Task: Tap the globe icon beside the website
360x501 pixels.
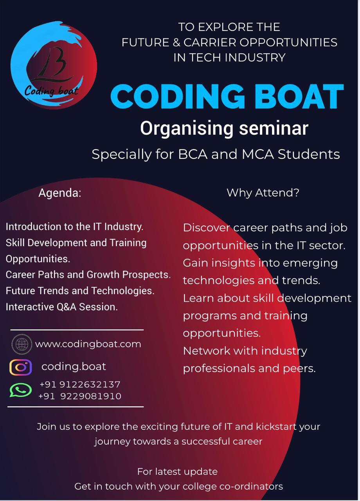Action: (22, 344)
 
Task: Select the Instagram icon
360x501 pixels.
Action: (21, 367)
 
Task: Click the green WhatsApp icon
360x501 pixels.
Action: (21, 390)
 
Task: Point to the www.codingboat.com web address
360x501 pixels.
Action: (88, 344)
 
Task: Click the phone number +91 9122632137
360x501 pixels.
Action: (80, 384)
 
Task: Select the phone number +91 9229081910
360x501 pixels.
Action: (80, 396)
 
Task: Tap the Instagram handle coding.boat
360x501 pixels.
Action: (74, 366)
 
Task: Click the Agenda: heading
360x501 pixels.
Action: (60, 193)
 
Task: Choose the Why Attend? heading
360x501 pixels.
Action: (263, 193)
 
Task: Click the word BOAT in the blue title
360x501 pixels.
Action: (299, 97)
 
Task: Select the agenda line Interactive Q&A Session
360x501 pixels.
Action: (61, 307)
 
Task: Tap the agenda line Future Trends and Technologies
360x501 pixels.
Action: (80, 291)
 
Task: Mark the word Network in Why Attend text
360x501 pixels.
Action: (206, 351)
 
